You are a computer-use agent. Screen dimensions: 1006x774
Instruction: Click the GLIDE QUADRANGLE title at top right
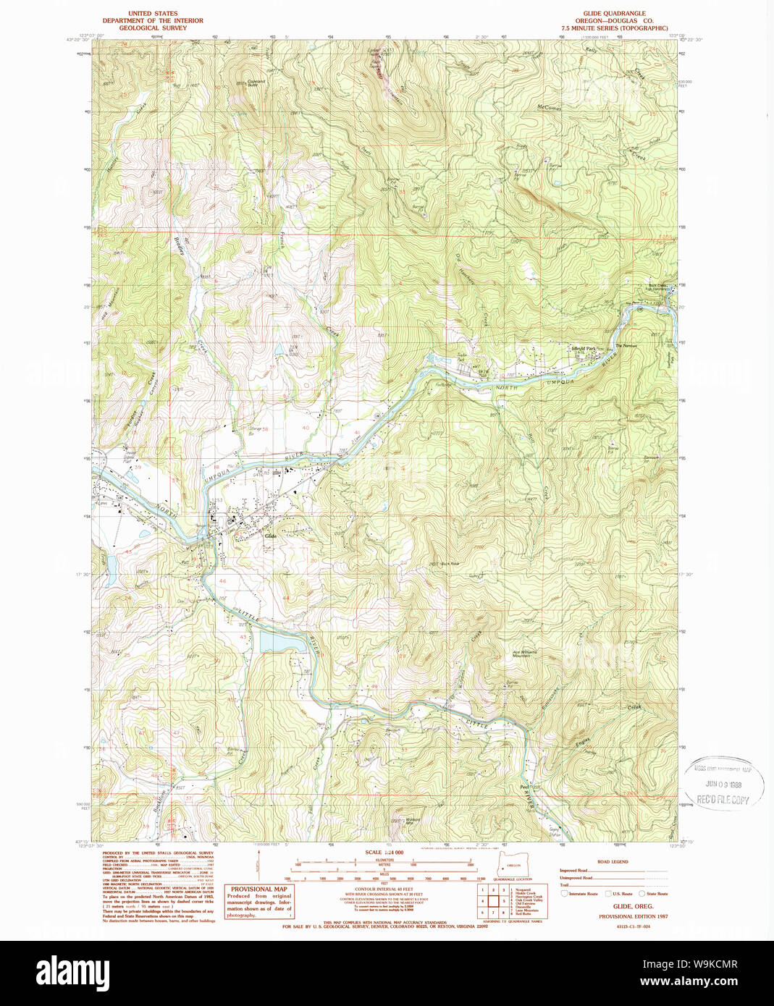(614, 13)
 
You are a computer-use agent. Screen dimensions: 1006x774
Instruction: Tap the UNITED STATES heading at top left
(153, 13)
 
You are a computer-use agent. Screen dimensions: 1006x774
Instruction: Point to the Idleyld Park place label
(584, 349)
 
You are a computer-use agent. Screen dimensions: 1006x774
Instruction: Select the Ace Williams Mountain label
(525, 653)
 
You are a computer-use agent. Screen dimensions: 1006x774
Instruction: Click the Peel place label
(524, 787)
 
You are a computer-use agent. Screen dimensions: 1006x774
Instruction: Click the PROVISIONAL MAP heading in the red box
(259, 889)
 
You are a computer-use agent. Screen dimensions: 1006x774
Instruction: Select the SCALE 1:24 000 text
(384, 853)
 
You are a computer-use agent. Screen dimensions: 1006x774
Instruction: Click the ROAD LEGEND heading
(613, 862)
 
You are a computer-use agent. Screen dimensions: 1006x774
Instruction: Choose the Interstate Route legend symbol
(565, 894)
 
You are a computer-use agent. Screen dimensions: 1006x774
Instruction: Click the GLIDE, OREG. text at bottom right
(633, 906)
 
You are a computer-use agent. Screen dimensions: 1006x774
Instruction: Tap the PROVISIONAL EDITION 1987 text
(633, 916)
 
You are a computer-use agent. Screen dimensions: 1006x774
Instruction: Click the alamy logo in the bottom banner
(73, 972)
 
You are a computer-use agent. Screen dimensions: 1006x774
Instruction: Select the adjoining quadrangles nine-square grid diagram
(492, 900)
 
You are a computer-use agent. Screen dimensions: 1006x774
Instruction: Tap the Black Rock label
(450, 564)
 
